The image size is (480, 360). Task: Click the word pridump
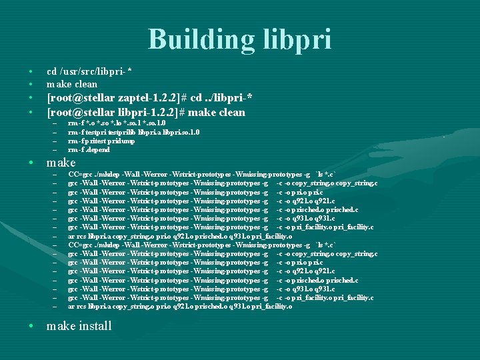[x=122, y=141]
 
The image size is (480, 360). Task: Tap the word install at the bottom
[x=91, y=326]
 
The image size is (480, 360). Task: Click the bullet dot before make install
[x=31, y=327]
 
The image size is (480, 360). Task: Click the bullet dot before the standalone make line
[x=31, y=163]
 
